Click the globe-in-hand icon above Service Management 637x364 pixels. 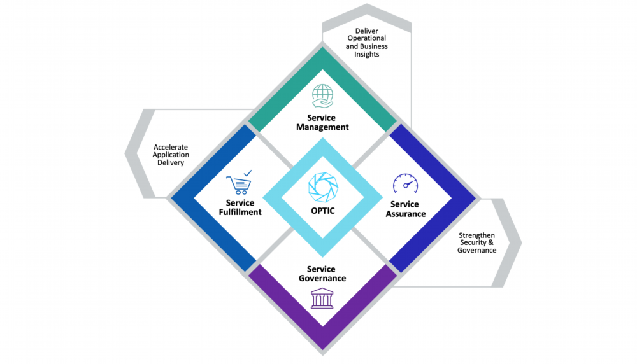tap(323, 95)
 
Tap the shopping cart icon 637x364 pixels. tap(238, 185)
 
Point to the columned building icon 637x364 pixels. tap(322, 298)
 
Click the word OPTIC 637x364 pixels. tap(322, 211)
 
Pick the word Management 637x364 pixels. tap(322, 127)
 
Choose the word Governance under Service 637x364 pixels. tap(322, 279)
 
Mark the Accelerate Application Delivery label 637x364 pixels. tap(171, 155)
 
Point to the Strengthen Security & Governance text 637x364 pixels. tap(476, 243)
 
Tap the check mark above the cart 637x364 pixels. tap(247, 172)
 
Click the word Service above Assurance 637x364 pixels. tap(404, 204)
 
